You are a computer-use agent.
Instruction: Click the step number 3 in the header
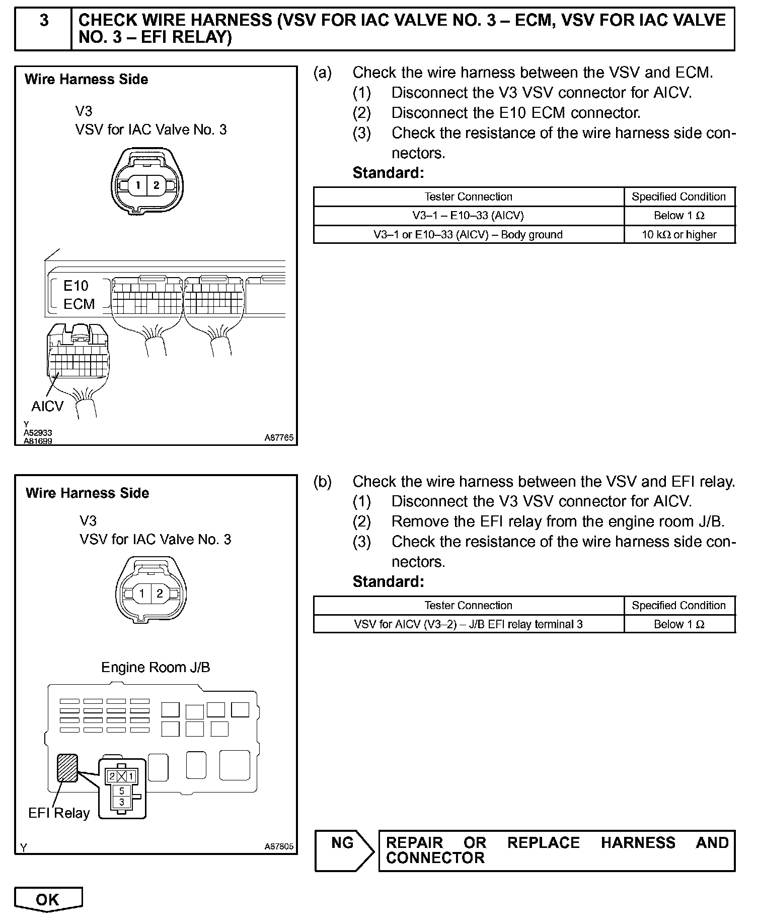tap(44, 21)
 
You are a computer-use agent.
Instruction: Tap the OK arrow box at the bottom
tap(48, 899)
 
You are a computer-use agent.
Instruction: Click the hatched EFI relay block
tap(67, 768)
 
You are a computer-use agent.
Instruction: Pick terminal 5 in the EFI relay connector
tap(122, 791)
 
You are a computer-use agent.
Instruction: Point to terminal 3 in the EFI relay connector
tap(122, 802)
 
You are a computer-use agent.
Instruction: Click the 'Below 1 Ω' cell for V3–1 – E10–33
tap(679, 216)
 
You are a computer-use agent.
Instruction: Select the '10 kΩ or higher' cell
tap(679, 234)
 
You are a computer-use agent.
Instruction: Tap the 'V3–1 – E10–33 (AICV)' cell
tap(468, 216)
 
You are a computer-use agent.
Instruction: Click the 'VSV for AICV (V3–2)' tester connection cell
tap(468, 624)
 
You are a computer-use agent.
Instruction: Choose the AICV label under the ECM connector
tap(47, 406)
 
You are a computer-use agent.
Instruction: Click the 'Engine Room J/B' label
tap(156, 667)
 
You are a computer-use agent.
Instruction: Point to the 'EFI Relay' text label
tap(59, 813)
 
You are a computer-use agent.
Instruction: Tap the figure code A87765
tap(279, 438)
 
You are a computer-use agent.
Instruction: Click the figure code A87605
tap(279, 846)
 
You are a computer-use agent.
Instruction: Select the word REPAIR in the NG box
tap(414, 843)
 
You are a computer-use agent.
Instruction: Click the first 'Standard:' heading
tap(388, 173)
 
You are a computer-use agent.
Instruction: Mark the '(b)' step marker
tap(322, 482)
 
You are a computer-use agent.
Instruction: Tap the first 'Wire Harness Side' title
tap(86, 79)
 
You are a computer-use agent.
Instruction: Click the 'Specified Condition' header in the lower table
tap(679, 605)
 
